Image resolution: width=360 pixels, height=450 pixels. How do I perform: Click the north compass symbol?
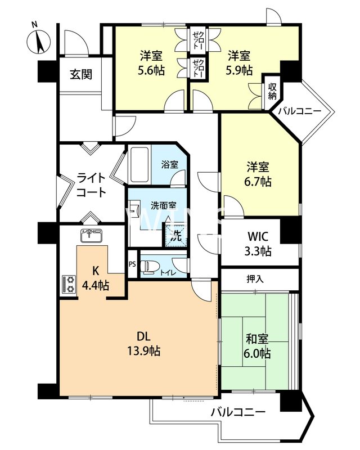(x=39, y=41)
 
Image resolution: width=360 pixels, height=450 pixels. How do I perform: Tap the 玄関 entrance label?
(x=81, y=75)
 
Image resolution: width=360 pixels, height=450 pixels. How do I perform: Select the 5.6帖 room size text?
(x=151, y=70)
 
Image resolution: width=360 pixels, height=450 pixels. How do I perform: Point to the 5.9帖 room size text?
(x=239, y=70)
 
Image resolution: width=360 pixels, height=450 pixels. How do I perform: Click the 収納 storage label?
(x=272, y=92)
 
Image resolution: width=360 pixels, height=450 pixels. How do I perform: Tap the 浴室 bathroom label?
(x=170, y=164)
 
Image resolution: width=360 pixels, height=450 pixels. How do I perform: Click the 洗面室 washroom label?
(x=164, y=206)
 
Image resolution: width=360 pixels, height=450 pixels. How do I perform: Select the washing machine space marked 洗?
(x=175, y=235)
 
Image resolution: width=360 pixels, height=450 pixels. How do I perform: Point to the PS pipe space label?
(x=132, y=264)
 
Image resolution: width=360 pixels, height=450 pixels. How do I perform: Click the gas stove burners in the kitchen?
(x=69, y=284)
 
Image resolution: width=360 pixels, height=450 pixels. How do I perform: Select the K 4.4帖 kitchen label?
(x=96, y=278)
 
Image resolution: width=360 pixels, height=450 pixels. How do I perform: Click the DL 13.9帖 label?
(x=144, y=344)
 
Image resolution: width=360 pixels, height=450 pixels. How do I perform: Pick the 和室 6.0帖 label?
(x=257, y=346)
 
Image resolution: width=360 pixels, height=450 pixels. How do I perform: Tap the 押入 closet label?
(x=255, y=278)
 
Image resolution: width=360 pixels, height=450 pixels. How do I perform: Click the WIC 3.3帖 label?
(x=258, y=244)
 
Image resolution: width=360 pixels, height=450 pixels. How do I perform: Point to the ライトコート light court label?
(x=92, y=185)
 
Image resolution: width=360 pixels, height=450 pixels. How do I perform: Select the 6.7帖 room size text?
(x=258, y=182)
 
